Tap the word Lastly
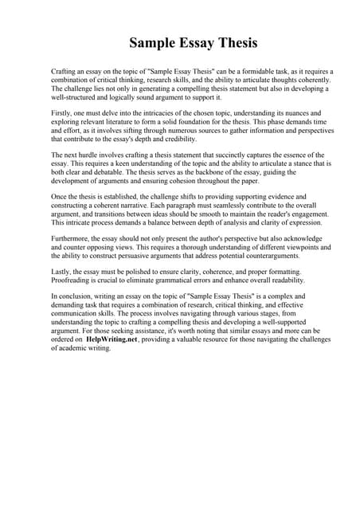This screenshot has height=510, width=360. coord(61,273)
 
